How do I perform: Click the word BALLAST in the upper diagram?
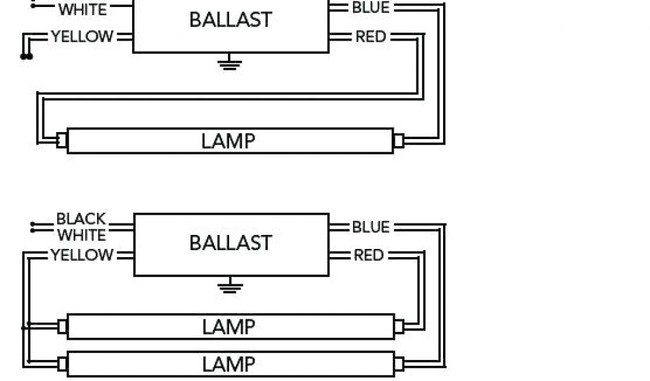click(x=230, y=20)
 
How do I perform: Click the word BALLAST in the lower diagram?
click(x=230, y=243)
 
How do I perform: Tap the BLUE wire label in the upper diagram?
click(x=370, y=8)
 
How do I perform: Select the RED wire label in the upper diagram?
click(x=370, y=37)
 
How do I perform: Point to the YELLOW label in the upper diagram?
click(x=83, y=37)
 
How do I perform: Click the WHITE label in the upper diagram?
click(x=83, y=10)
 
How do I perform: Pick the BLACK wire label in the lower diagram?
click(x=81, y=219)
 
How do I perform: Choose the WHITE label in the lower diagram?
click(x=81, y=235)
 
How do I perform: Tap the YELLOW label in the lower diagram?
click(x=82, y=255)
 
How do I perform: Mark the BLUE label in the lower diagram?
click(x=370, y=227)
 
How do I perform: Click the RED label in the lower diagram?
click(x=368, y=255)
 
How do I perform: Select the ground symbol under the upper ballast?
click(x=229, y=62)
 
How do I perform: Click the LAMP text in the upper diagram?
click(x=229, y=141)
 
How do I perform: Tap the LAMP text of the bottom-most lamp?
click(x=229, y=364)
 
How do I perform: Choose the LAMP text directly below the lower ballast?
click(x=229, y=327)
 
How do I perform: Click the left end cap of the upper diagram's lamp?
click(x=62, y=140)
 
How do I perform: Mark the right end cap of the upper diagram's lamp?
click(x=399, y=140)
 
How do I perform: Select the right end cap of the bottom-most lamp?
click(x=399, y=364)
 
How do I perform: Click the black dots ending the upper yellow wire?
click(x=26, y=57)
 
